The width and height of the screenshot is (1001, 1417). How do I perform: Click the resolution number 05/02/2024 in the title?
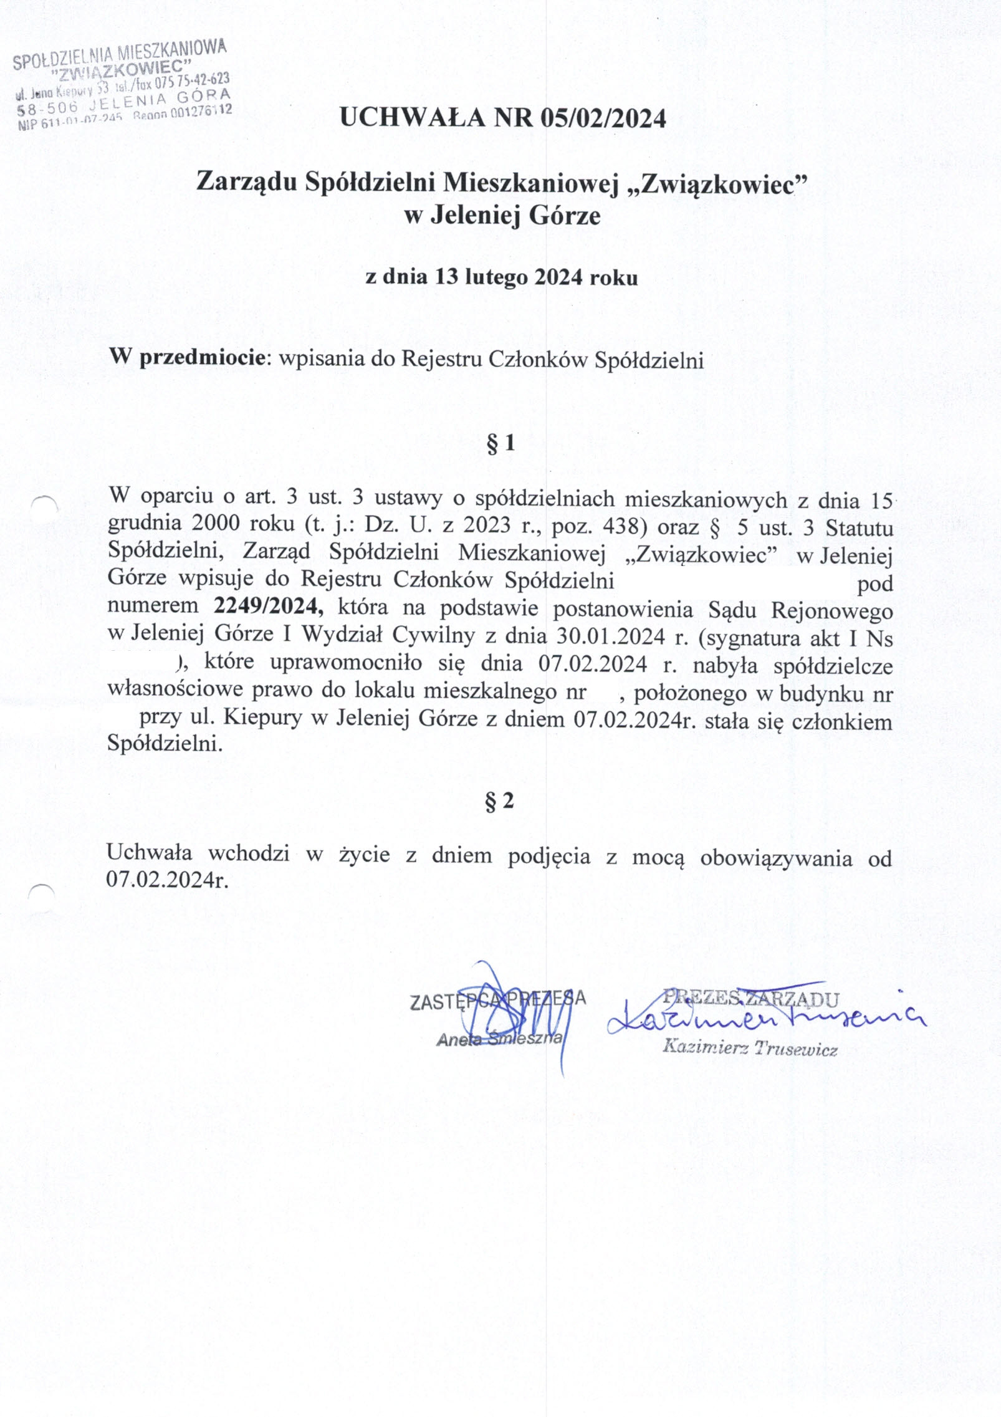tap(603, 118)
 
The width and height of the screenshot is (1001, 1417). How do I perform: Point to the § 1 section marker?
tap(500, 443)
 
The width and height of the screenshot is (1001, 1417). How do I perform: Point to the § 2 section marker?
tap(500, 801)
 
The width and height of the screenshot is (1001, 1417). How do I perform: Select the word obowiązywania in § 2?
tap(776, 858)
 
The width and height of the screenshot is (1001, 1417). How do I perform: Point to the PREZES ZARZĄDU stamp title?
tap(750, 998)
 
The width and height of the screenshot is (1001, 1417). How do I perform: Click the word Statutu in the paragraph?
tap(859, 528)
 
